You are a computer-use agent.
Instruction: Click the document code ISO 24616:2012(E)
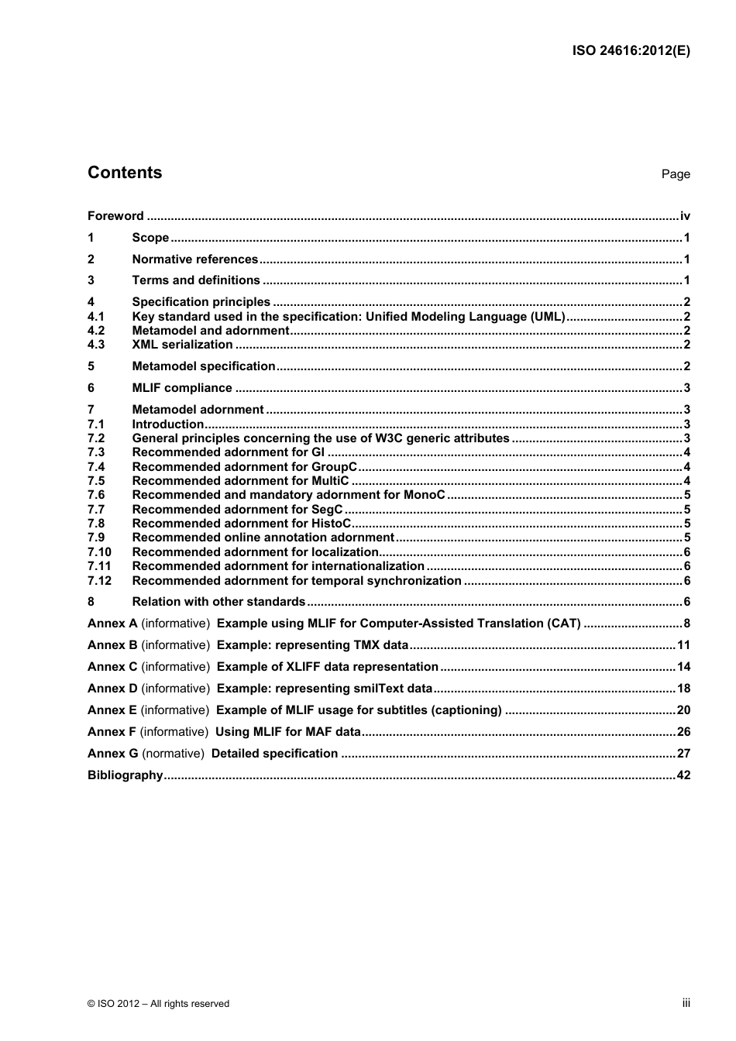[631, 51]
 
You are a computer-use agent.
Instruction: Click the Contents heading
[125, 173]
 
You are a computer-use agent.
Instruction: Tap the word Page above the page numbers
[676, 174]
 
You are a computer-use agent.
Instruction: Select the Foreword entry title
[115, 216]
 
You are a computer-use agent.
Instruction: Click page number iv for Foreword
[685, 216]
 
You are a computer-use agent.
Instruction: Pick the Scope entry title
[150, 238]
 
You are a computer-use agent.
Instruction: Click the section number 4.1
[96, 317]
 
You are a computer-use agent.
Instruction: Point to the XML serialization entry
[182, 345]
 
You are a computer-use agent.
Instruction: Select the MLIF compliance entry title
[182, 388]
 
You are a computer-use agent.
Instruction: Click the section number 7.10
[99, 552]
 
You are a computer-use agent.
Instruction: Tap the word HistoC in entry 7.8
[331, 524]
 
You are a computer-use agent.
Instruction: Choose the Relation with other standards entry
[218, 602]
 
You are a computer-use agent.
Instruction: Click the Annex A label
[112, 624]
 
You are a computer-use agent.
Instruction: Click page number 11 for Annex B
[683, 645]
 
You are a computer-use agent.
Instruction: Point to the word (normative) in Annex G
[174, 754]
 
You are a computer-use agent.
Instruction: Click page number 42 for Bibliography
[683, 775]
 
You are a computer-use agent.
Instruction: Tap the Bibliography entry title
[125, 775]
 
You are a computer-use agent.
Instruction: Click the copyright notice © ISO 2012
[159, 1004]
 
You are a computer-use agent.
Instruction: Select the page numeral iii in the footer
[686, 1003]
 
